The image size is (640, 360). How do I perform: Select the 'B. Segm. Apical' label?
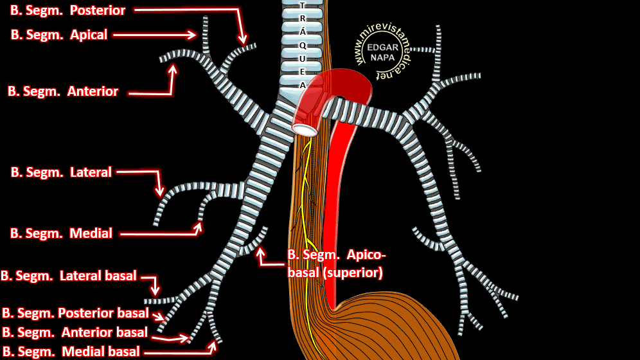pos(59,35)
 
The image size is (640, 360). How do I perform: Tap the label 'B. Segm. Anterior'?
pos(63,91)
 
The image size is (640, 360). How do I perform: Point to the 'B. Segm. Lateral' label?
pos(61,172)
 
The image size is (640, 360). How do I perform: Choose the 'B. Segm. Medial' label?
pos(61,233)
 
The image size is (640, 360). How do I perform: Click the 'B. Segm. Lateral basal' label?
pos(69,276)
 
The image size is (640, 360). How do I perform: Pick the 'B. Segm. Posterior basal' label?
pos(75,313)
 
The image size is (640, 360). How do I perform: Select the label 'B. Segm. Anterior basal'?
pos(75,332)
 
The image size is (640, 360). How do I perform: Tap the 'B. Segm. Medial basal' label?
pos(70,352)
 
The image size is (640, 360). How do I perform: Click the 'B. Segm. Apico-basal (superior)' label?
pos(337,264)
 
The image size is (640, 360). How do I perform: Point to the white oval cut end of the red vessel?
pos(305,129)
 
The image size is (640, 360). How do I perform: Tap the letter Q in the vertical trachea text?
pos(303,45)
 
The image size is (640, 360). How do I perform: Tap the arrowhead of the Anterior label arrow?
pos(172,68)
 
